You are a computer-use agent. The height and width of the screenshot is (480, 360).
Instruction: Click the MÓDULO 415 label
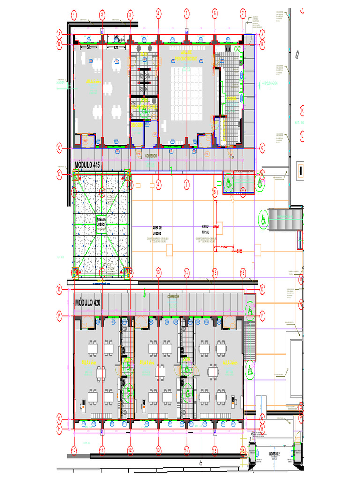(88, 165)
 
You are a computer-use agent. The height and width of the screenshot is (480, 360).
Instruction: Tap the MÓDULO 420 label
(88, 302)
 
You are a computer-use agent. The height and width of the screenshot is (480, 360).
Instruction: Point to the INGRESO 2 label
(274, 454)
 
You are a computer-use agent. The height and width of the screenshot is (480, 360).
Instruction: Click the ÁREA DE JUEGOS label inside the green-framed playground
(102, 222)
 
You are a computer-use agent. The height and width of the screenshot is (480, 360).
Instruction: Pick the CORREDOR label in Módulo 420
(173, 296)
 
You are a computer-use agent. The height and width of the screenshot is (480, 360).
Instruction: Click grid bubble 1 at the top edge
(74, 14)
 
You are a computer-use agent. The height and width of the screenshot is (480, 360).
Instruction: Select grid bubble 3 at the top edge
(130, 14)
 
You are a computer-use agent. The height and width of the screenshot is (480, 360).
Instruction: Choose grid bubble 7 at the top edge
(243, 14)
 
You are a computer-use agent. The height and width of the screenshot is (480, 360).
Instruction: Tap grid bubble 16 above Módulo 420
(243, 272)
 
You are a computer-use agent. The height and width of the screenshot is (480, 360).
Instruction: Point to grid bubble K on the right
(302, 111)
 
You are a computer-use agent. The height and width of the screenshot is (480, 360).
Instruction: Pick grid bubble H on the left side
(60, 428)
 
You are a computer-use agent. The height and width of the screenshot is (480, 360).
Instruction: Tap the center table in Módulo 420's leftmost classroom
(101, 373)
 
